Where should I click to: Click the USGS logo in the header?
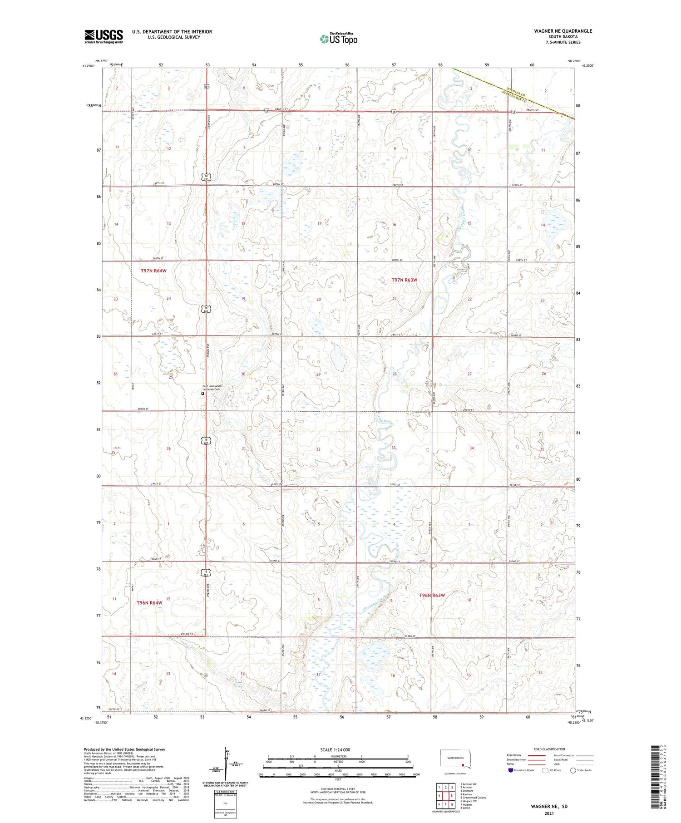click(x=104, y=36)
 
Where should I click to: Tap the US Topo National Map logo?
click(x=338, y=39)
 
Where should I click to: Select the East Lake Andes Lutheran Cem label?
click(x=212, y=388)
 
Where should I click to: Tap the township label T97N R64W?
click(x=153, y=271)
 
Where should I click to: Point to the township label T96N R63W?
click(x=432, y=595)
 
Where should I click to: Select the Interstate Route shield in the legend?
click(x=511, y=770)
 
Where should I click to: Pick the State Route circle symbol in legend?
click(x=573, y=770)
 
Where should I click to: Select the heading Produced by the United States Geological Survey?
click(x=124, y=749)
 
